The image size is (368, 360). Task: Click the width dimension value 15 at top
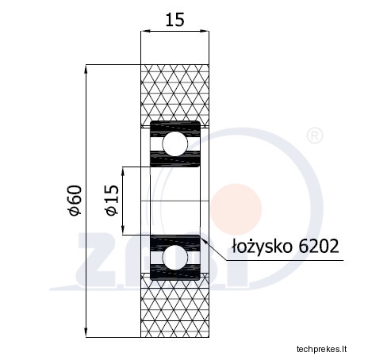click(x=174, y=20)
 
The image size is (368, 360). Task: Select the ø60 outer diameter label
click(x=75, y=200)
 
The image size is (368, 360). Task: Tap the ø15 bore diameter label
click(x=112, y=200)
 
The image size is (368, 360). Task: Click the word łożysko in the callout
click(x=263, y=247)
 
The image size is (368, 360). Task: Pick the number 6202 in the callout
click(x=319, y=246)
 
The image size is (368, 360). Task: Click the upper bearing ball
click(x=174, y=144)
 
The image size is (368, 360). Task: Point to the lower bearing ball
click(x=174, y=257)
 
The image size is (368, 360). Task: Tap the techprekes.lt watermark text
click(x=321, y=349)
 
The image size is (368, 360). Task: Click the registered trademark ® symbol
click(x=315, y=136)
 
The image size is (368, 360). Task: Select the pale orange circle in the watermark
click(x=236, y=209)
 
